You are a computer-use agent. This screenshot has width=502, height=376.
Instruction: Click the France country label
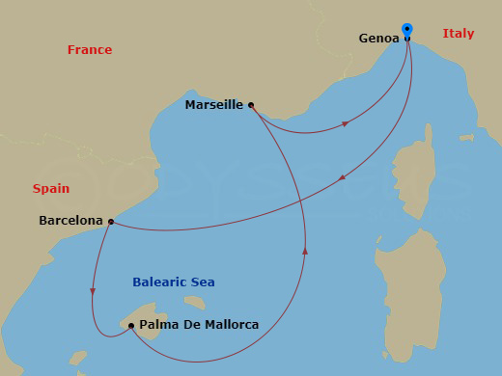90,50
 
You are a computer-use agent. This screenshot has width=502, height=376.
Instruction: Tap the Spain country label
51,189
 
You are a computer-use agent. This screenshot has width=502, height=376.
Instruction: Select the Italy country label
459,34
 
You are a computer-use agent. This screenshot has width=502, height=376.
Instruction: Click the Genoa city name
378,39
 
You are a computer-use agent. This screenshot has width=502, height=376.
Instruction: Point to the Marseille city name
213,105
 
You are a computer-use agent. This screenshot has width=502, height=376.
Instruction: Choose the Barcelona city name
70,221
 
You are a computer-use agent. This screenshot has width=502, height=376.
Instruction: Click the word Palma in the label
158,325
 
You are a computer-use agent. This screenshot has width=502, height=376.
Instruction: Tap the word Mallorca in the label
231,325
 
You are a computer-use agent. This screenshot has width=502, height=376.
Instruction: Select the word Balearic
159,282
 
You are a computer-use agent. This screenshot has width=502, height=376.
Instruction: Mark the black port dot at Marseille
251,104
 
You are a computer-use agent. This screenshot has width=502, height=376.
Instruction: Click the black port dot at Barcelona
111,222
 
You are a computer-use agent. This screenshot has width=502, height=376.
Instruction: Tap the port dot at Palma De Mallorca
131,326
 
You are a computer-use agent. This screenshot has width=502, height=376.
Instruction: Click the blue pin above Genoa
407,31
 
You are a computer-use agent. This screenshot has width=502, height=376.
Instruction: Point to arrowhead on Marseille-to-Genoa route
345,123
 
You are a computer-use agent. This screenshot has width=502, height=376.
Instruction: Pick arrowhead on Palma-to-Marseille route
305,251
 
